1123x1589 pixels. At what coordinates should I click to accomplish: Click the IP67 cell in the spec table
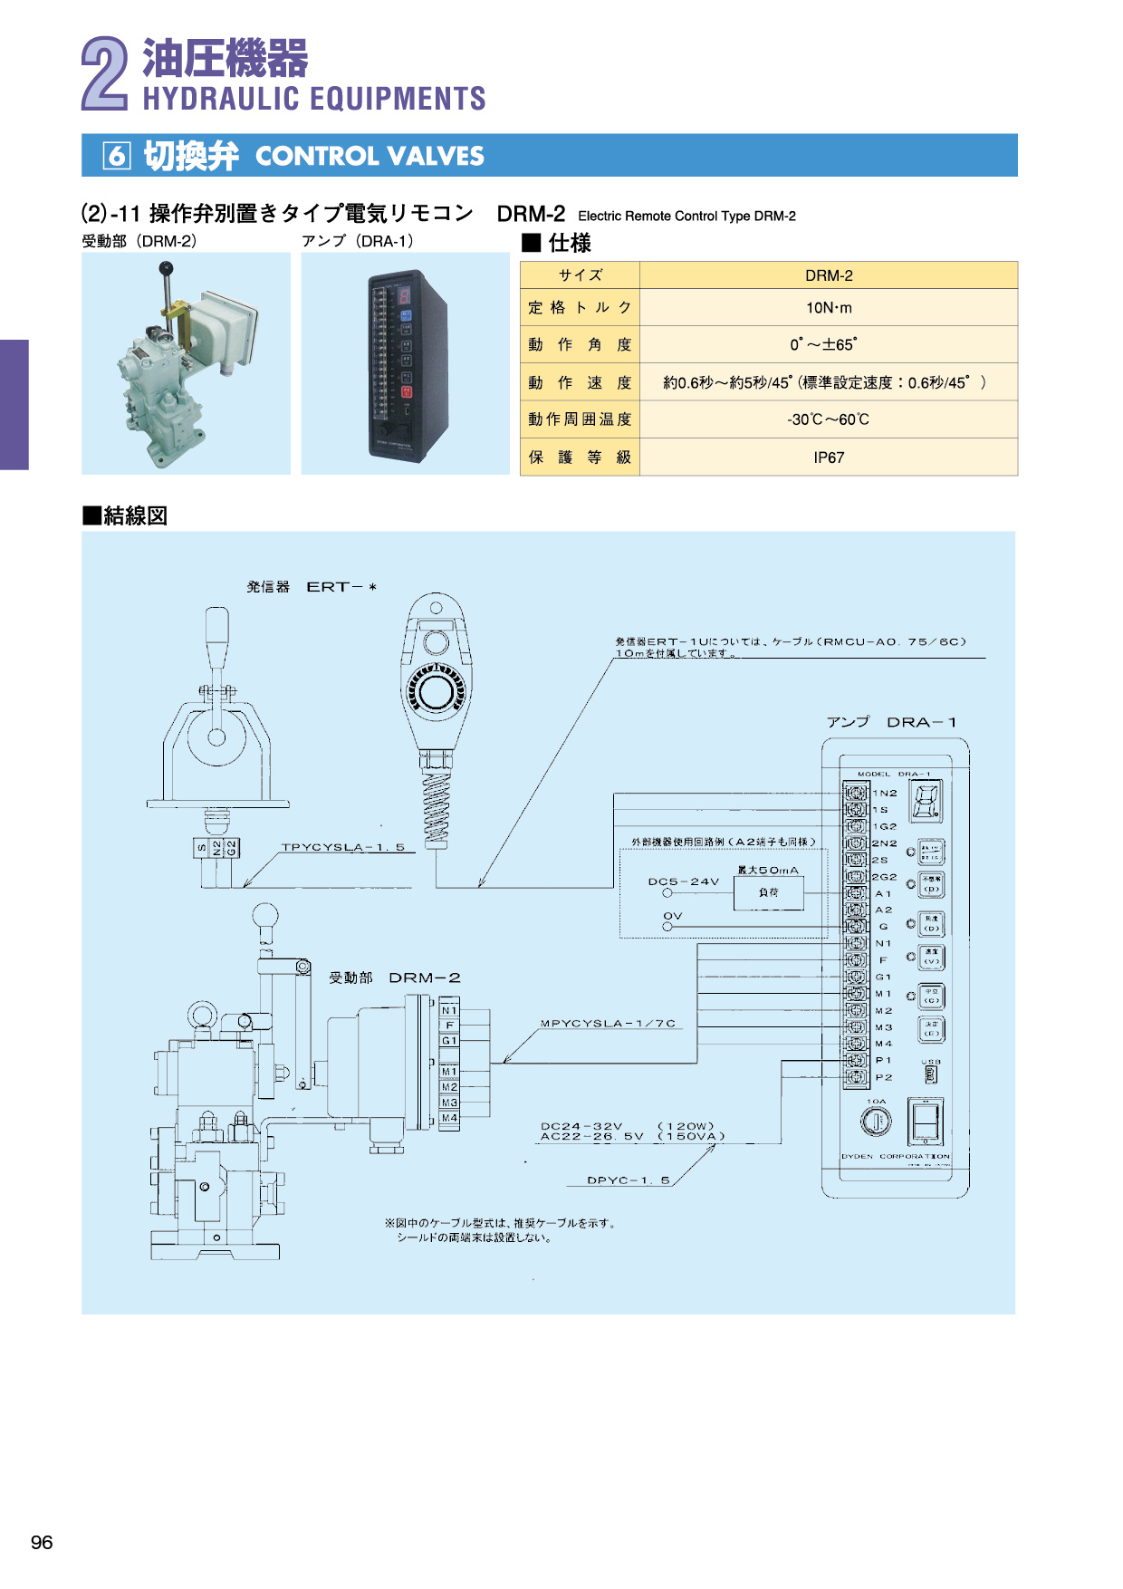pos(828,457)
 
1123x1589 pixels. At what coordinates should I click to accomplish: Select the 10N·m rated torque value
pos(828,308)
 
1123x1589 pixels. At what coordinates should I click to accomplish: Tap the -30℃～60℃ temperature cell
pos(828,419)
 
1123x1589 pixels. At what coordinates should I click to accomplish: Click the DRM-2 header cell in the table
pos(828,275)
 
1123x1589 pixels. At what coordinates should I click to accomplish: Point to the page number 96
pos(42,1542)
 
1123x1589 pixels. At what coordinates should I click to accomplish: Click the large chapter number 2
pos(105,74)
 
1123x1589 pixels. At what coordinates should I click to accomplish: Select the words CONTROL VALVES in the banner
pos(370,156)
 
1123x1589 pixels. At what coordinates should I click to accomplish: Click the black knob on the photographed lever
pos(166,267)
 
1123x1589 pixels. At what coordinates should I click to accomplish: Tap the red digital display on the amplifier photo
pos(404,295)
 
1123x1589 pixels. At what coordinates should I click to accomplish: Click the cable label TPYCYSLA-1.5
pos(342,847)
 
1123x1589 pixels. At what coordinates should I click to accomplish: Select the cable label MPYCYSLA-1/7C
pos(608,1023)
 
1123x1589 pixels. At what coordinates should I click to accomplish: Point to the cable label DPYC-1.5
pos(628,1180)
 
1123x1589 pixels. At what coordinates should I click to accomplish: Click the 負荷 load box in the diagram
pos(768,892)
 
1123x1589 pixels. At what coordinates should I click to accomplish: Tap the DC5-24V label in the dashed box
pos(683,881)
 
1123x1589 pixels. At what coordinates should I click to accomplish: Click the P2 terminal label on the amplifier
pos(883,1077)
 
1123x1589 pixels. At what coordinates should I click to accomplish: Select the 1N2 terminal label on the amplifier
pos(885,793)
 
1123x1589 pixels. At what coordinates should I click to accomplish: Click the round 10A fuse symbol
pos(876,1122)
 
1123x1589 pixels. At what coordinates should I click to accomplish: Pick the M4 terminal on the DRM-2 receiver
pos(449,1118)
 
